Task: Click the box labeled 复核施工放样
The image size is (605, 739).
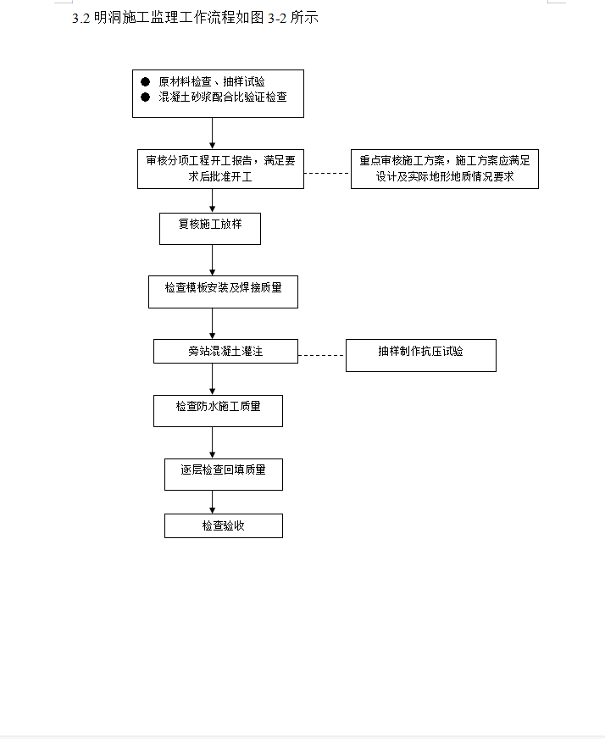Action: pyautogui.click(x=210, y=229)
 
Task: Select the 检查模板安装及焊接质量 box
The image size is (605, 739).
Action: pyautogui.click(x=224, y=292)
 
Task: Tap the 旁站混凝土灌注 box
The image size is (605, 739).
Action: pyautogui.click(x=225, y=351)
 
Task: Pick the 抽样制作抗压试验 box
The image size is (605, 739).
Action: pyautogui.click(x=421, y=355)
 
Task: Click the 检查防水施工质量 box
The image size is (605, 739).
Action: pyautogui.click(x=218, y=411)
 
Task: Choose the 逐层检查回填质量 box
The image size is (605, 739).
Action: pyautogui.click(x=224, y=475)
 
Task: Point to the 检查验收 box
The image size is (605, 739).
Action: pyautogui.click(x=224, y=526)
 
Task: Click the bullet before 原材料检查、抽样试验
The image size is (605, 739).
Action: pyautogui.click(x=145, y=81)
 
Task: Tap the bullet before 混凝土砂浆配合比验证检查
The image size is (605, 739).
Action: pyautogui.click(x=145, y=97)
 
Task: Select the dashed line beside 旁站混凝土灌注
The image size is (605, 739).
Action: pyautogui.click(x=322, y=355)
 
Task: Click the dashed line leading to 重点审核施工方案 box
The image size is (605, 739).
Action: pyautogui.click(x=327, y=174)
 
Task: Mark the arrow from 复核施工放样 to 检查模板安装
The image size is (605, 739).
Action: pyautogui.click(x=212, y=260)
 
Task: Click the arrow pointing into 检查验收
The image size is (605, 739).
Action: pyautogui.click(x=212, y=503)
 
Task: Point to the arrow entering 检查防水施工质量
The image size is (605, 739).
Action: pyautogui.click(x=212, y=380)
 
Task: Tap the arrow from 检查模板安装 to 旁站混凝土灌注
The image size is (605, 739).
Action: pyautogui.click(x=212, y=324)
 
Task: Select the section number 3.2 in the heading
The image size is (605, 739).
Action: pyautogui.click(x=81, y=19)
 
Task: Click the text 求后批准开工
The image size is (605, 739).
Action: pyautogui.click(x=220, y=177)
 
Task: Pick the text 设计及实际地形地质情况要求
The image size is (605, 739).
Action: pyautogui.click(x=445, y=177)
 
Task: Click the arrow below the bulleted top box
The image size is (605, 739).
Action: pyautogui.click(x=212, y=133)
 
